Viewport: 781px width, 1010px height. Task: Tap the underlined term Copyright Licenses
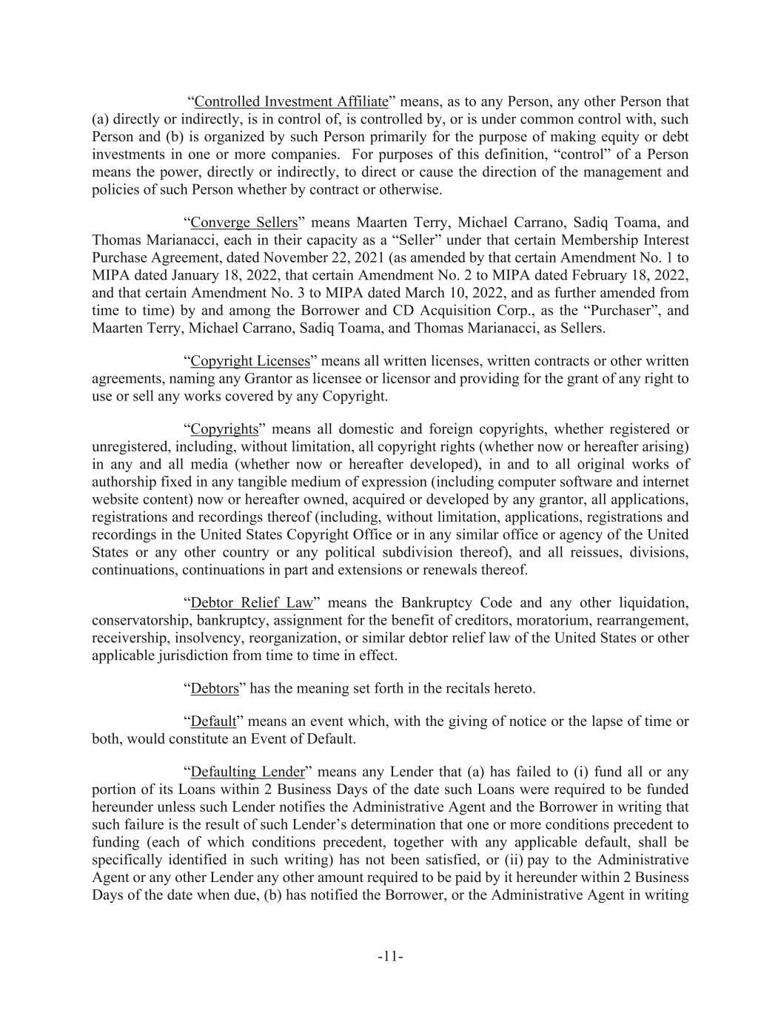pyautogui.click(x=250, y=361)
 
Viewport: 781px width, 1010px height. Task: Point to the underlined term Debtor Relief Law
pyautogui.click(x=252, y=602)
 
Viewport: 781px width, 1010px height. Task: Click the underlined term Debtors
pyautogui.click(x=215, y=689)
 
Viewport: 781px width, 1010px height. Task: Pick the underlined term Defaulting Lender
pyautogui.click(x=247, y=772)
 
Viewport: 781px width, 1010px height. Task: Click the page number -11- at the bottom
pyautogui.click(x=390, y=957)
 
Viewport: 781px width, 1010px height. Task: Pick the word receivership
pyautogui.click(x=131, y=638)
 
